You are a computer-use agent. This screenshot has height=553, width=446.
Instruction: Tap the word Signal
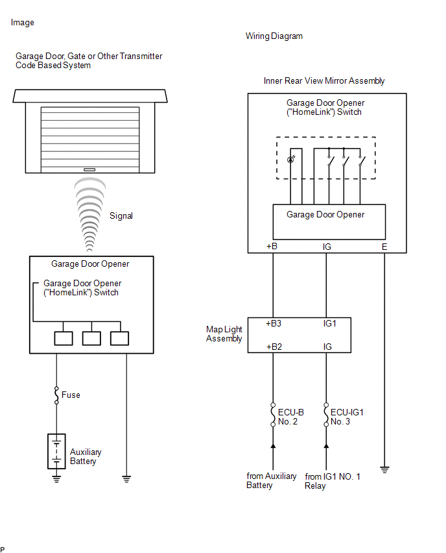point(121,215)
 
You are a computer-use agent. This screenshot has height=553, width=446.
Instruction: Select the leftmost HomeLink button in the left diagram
point(64,338)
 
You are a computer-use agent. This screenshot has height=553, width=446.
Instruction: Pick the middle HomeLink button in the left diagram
point(91,338)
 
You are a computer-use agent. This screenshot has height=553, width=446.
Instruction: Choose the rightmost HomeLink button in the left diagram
point(120,338)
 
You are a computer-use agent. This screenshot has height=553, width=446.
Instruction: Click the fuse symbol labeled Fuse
point(56,395)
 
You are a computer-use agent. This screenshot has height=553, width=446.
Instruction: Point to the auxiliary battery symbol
point(56,451)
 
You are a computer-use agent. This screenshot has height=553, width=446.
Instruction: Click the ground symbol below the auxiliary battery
point(56,479)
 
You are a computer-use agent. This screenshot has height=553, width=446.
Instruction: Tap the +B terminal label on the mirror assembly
point(272,247)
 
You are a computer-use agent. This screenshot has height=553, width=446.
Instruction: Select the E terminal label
point(384,247)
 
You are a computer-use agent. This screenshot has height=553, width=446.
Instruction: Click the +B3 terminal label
point(274,323)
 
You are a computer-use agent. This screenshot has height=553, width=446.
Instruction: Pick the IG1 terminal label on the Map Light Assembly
point(329,323)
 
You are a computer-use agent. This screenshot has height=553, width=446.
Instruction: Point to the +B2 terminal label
point(274,347)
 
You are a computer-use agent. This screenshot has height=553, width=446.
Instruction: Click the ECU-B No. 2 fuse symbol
point(272,416)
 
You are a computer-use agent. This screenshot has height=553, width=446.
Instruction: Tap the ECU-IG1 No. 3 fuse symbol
point(326,416)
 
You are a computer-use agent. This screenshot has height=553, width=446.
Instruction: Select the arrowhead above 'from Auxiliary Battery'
point(272,447)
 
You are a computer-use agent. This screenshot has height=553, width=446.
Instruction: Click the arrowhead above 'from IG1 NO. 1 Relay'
point(326,447)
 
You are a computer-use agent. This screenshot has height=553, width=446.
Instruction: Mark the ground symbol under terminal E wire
point(384,469)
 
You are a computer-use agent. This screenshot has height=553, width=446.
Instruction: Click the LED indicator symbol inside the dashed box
point(291,157)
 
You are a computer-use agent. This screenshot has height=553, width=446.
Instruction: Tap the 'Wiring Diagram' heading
point(274,36)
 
